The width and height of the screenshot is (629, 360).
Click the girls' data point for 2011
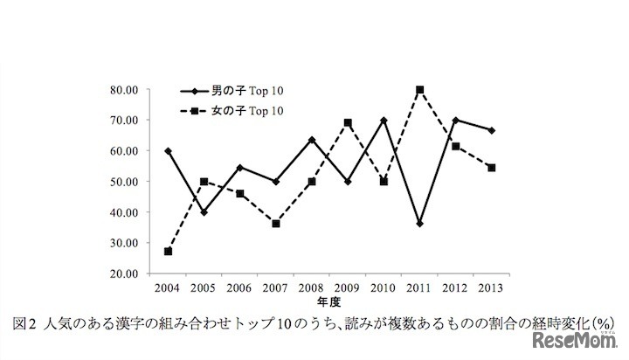[420, 89]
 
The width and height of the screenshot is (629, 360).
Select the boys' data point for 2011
[420, 224]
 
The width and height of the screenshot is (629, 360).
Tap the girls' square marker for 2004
[168, 251]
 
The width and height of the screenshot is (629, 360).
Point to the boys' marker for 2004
[168, 151]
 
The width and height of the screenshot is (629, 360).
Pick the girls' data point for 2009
[348, 123]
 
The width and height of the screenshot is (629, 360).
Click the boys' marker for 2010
[384, 120]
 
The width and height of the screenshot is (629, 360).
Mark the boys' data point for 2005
[204, 212]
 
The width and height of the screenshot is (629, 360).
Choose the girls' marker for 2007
[276, 224]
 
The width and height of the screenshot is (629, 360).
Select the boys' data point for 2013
[492, 130]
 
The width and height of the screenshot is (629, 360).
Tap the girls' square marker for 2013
[492, 168]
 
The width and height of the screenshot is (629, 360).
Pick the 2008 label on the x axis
[312, 287]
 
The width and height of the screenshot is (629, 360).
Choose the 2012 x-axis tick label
[456, 287]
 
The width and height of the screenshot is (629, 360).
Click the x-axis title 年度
[329, 301]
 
